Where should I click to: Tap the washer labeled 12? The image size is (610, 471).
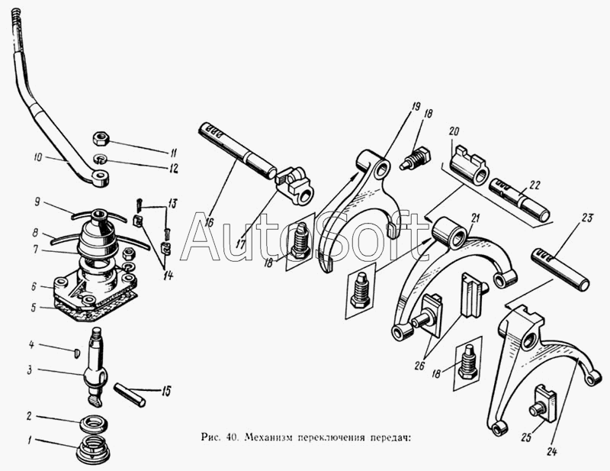(101, 160)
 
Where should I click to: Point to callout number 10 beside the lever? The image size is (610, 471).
(38, 158)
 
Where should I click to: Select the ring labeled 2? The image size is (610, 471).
(94, 423)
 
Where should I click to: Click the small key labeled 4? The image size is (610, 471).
(77, 353)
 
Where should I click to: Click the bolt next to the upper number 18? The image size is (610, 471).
(415, 158)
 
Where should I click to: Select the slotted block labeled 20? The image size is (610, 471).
(469, 164)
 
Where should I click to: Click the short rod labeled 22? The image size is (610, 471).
(520, 198)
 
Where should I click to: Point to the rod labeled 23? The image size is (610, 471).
(560, 269)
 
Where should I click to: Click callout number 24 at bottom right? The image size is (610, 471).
(551, 452)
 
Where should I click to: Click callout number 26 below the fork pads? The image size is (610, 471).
(419, 366)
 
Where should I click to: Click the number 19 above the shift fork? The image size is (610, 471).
(416, 106)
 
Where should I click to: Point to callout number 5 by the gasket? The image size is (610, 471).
(34, 308)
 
